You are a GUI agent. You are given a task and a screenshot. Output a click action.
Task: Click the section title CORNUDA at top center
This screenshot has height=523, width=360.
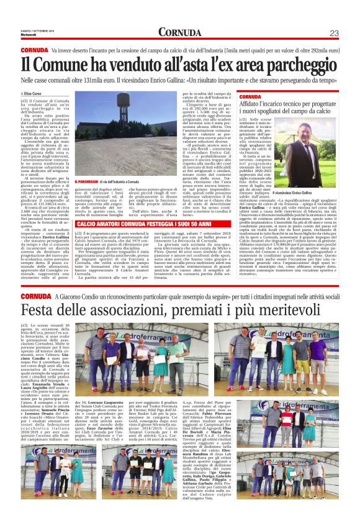(x=179, y=32)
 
